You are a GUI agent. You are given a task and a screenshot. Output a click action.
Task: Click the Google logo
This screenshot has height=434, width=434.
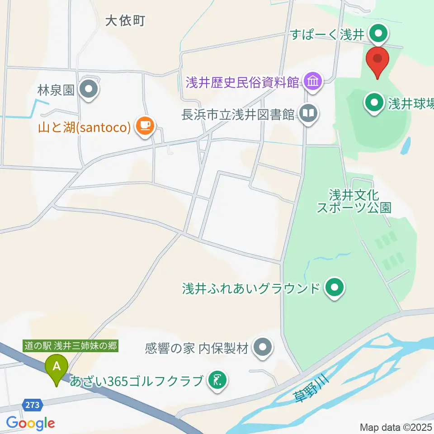pos(30,423)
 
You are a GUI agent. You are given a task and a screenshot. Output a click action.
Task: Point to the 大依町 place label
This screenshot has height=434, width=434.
pos(125,20)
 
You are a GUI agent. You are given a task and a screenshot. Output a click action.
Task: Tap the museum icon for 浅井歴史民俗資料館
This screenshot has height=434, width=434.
pos(313,82)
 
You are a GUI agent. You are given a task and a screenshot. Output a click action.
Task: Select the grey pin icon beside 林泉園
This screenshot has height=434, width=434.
pos(89,89)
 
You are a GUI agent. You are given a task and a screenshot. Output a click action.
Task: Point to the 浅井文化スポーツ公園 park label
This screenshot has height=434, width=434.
pos(354,201)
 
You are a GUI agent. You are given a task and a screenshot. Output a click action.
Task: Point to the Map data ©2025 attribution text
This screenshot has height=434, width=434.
pos(396,427)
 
